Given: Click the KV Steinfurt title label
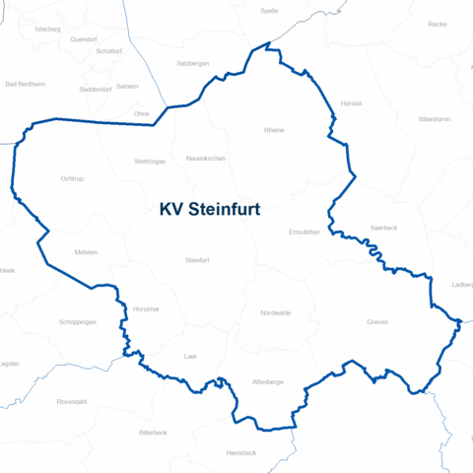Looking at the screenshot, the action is [216, 210].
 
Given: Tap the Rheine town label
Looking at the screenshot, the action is [274, 130].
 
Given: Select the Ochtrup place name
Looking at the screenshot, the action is [71, 178].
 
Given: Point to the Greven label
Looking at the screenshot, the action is [377, 322].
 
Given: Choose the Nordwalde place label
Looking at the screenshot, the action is [276, 312].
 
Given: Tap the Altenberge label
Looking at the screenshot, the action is [268, 380].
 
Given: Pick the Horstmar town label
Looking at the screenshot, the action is [146, 309].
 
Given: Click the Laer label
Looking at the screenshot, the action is [191, 356].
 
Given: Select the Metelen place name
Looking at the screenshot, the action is [86, 252].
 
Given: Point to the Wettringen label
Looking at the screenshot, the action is [150, 161].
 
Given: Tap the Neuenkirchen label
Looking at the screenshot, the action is [206, 158].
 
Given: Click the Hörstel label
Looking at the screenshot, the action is [351, 102].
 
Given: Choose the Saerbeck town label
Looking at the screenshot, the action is [383, 227].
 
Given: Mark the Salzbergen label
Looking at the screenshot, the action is [192, 62].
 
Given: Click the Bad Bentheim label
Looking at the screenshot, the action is [26, 84].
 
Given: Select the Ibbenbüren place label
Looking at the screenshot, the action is [435, 118].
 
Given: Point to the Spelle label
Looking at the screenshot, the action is [269, 10].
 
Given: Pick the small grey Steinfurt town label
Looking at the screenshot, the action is [198, 259].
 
